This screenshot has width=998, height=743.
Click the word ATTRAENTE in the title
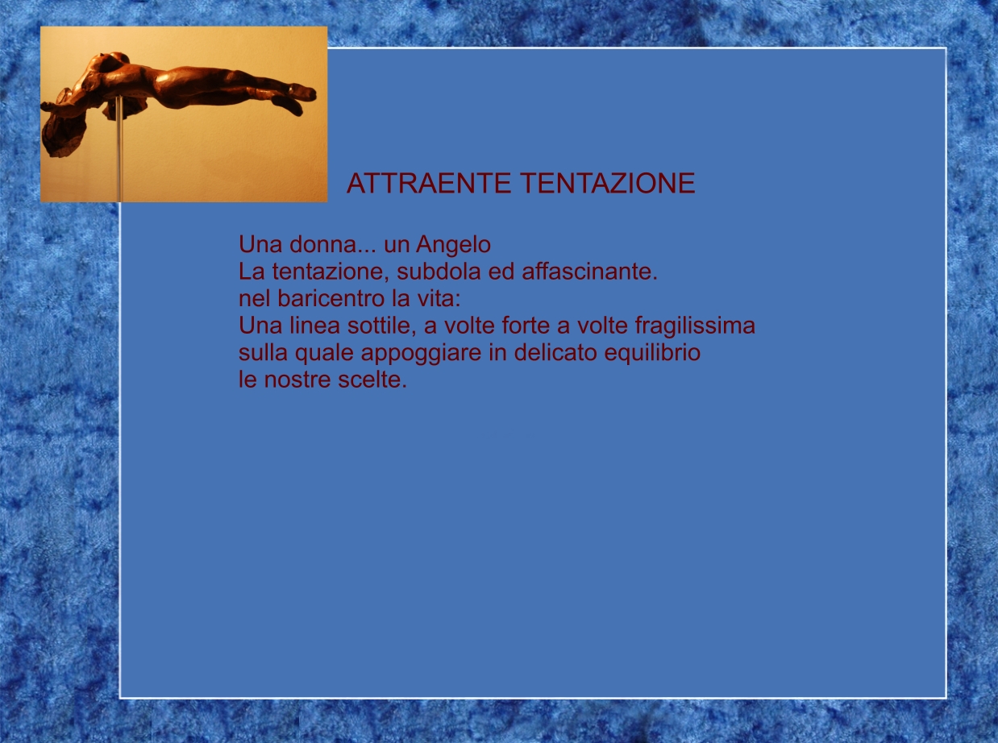(x=428, y=183)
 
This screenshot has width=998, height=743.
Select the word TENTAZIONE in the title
(x=608, y=183)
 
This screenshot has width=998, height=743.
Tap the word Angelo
(x=453, y=246)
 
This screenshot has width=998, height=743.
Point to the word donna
(x=323, y=244)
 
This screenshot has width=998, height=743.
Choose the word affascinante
(x=589, y=272)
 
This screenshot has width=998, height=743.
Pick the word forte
(x=526, y=326)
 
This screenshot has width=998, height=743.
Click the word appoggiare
(x=421, y=354)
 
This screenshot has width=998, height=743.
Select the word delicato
(x=555, y=352)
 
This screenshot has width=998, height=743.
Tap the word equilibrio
(x=652, y=354)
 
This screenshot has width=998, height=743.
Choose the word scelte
(x=372, y=379)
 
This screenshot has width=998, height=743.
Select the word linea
(x=314, y=326)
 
